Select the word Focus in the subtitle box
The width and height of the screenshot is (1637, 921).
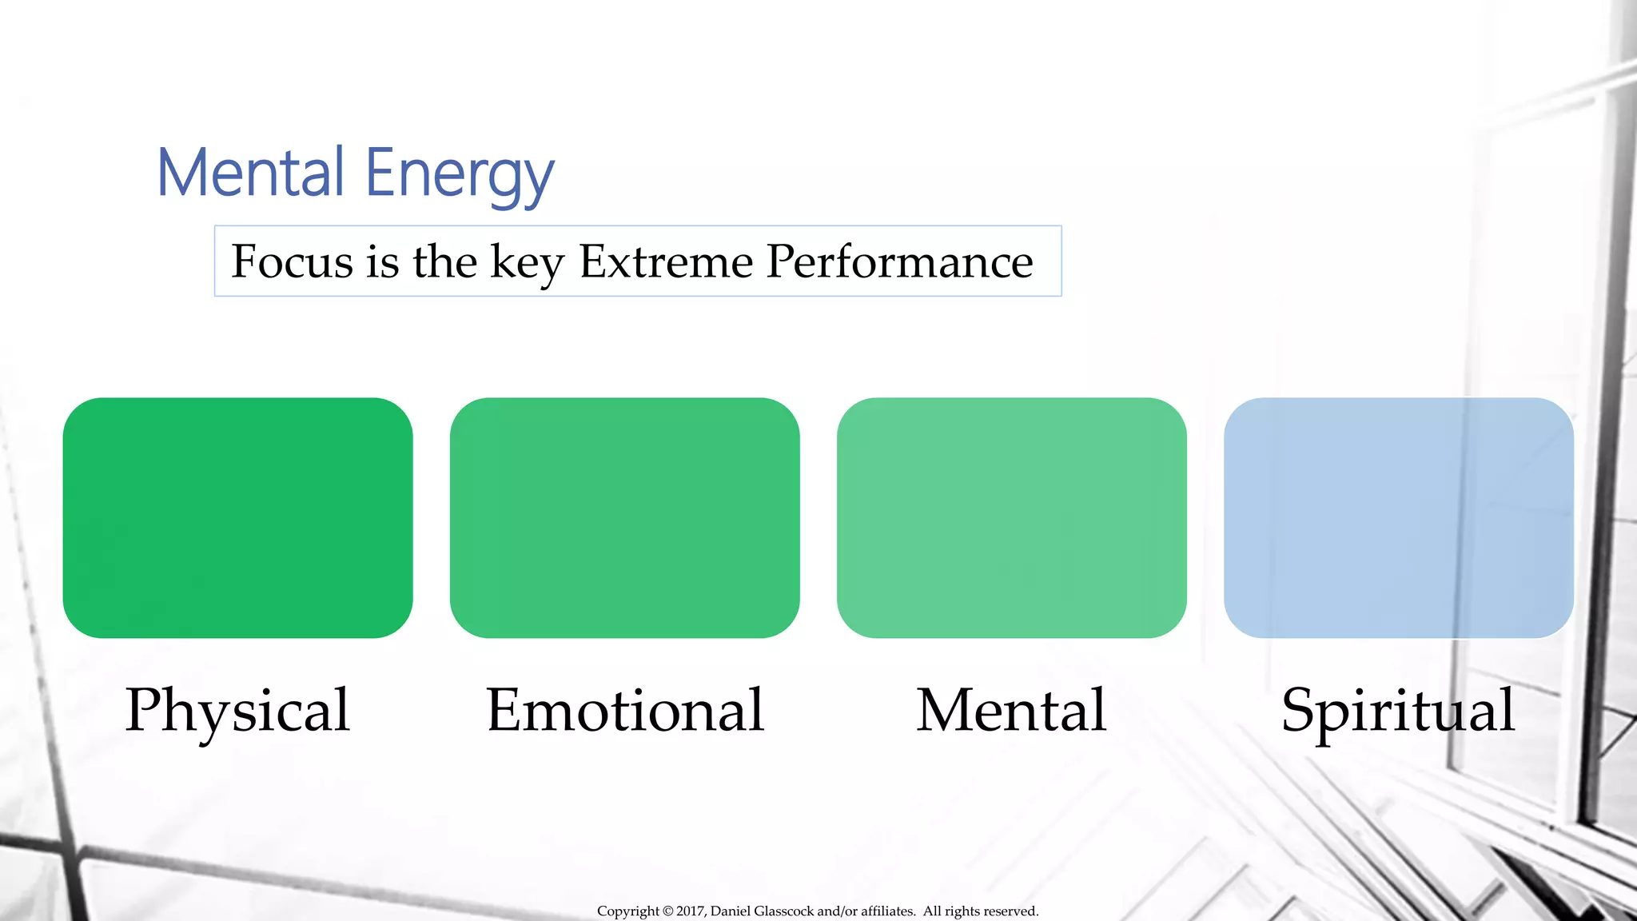pyautogui.click(x=292, y=261)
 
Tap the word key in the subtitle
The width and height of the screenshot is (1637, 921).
pyautogui.click(x=527, y=263)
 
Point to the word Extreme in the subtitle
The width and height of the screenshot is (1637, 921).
pyautogui.click(x=666, y=261)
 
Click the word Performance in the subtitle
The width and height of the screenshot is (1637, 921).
pyautogui.click(x=899, y=261)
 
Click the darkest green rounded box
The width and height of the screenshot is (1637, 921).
pyautogui.click(x=237, y=517)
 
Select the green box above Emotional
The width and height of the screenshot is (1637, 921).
pyautogui.click(x=624, y=517)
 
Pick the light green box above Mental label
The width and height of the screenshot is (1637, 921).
pyautogui.click(x=1011, y=517)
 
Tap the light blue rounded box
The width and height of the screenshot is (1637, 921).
pyautogui.click(x=1398, y=517)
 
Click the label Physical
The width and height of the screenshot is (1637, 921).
pyautogui.click(x=237, y=711)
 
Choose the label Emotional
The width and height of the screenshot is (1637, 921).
pyautogui.click(x=625, y=711)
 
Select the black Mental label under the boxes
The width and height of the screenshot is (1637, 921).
pyautogui.click(x=1011, y=711)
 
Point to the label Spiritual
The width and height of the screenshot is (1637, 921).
pyautogui.click(x=1398, y=711)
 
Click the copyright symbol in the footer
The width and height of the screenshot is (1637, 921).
pyautogui.click(x=668, y=911)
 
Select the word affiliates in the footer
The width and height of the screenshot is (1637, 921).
pyautogui.click(x=887, y=911)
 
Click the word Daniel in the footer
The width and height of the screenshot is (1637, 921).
pyautogui.click(x=730, y=911)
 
